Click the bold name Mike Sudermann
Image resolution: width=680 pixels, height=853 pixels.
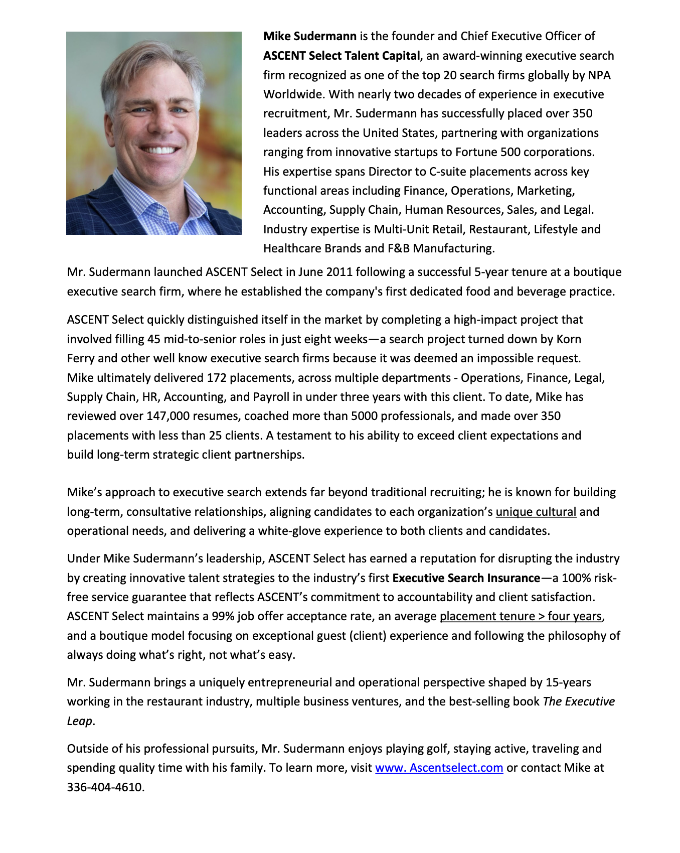tap(309, 36)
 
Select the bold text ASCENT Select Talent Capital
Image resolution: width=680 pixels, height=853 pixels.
tap(342, 56)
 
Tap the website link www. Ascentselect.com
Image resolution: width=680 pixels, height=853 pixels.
tap(439, 768)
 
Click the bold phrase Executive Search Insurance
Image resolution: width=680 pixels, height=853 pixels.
tap(466, 578)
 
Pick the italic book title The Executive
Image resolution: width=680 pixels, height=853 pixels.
tap(579, 701)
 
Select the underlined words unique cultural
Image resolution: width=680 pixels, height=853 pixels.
tap(536, 512)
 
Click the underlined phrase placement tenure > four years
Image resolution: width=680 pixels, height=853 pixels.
tap(520, 616)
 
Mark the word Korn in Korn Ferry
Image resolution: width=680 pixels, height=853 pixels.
tap(569, 339)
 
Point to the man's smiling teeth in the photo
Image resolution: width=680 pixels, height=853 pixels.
tap(159, 150)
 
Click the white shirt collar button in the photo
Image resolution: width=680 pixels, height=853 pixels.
tap(160, 212)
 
